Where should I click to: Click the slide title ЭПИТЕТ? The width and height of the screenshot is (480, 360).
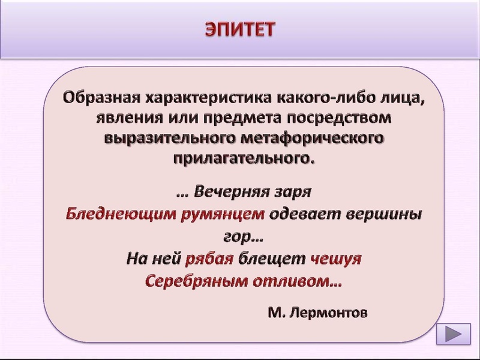click(x=240, y=29)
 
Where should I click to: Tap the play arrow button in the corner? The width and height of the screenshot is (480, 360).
click(x=454, y=334)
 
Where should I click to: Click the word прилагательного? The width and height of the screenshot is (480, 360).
click(x=244, y=158)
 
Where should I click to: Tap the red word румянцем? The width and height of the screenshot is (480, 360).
click(x=223, y=214)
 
